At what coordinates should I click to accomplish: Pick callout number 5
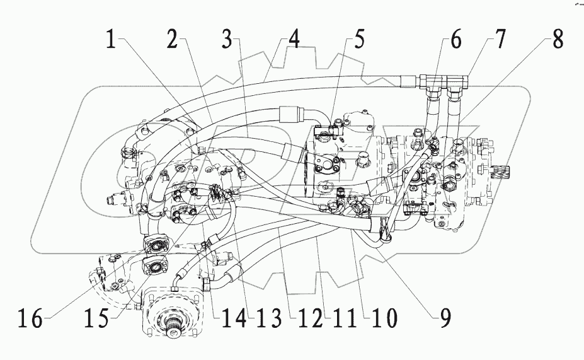[357, 41]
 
